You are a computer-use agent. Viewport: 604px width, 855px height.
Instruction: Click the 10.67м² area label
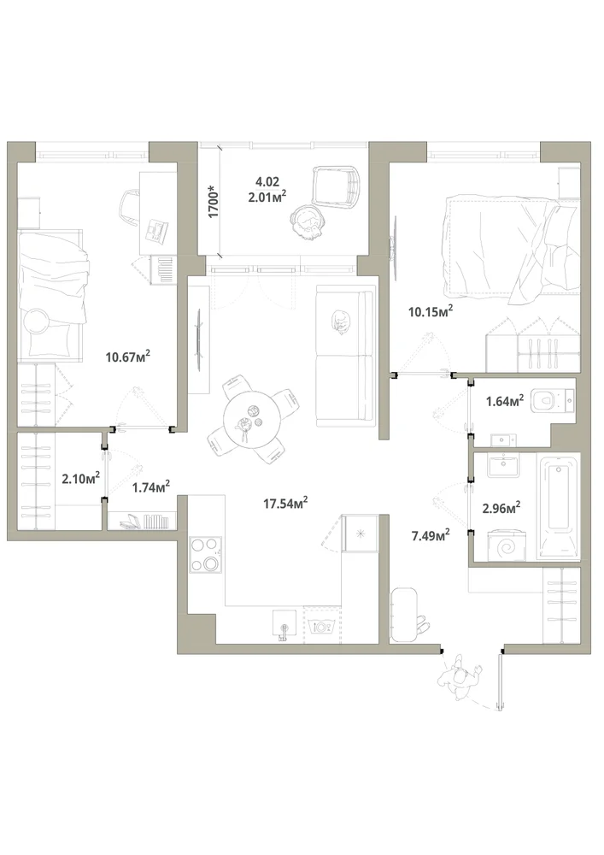pyautogui.click(x=128, y=357)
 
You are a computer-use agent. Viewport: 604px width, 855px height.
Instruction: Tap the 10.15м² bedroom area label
pyautogui.click(x=431, y=311)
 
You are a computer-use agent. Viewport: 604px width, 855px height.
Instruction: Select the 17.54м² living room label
pyautogui.click(x=286, y=503)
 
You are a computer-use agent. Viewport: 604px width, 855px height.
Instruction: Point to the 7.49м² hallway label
pyautogui.click(x=431, y=535)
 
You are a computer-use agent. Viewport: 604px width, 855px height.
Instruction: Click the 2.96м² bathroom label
pyautogui.click(x=501, y=508)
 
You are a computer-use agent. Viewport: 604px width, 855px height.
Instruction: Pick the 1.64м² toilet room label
pyautogui.click(x=505, y=401)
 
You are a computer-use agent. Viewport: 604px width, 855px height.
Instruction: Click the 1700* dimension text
pyautogui.click(x=213, y=202)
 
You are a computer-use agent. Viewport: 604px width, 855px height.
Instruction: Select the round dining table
pyautogui.click(x=252, y=420)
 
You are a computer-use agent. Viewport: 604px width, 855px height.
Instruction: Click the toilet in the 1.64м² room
pyautogui.click(x=552, y=402)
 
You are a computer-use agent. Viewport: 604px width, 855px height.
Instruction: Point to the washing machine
pyautogui.click(x=507, y=544)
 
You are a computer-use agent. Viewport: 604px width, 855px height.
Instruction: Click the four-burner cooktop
pyautogui.click(x=206, y=555)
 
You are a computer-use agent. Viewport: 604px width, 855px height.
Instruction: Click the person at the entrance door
pyautogui.click(x=461, y=679)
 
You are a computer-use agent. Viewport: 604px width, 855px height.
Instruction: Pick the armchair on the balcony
pyautogui.click(x=337, y=186)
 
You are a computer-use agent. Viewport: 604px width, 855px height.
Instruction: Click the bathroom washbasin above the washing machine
pyautogui.click(x=504, y=465)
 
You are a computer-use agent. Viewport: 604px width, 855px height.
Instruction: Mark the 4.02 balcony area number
pyautogui.click(x=267, y=181)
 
